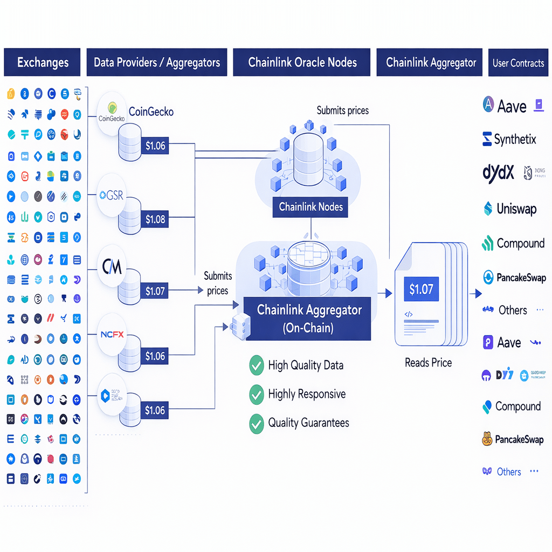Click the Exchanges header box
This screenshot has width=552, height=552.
42,62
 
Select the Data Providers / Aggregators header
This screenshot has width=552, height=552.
156,62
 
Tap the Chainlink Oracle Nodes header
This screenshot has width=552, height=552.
302,62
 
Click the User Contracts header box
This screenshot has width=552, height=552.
518,63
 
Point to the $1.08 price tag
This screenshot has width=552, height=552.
155,219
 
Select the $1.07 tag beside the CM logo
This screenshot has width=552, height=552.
155,291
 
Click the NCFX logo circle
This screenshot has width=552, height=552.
112,334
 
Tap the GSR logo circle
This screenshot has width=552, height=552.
112,196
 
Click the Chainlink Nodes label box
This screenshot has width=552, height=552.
310,206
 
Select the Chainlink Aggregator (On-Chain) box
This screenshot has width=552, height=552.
307,318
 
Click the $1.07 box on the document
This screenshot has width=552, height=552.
421,289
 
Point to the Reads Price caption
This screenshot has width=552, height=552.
428,363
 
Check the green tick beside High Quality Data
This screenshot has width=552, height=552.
256,365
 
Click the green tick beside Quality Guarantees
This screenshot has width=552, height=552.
256,423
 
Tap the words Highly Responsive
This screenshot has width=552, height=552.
307,394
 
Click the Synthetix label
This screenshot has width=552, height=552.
515,139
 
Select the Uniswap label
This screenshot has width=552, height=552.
516,209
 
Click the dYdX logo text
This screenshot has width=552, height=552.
498,172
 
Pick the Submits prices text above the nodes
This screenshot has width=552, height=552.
342,111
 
